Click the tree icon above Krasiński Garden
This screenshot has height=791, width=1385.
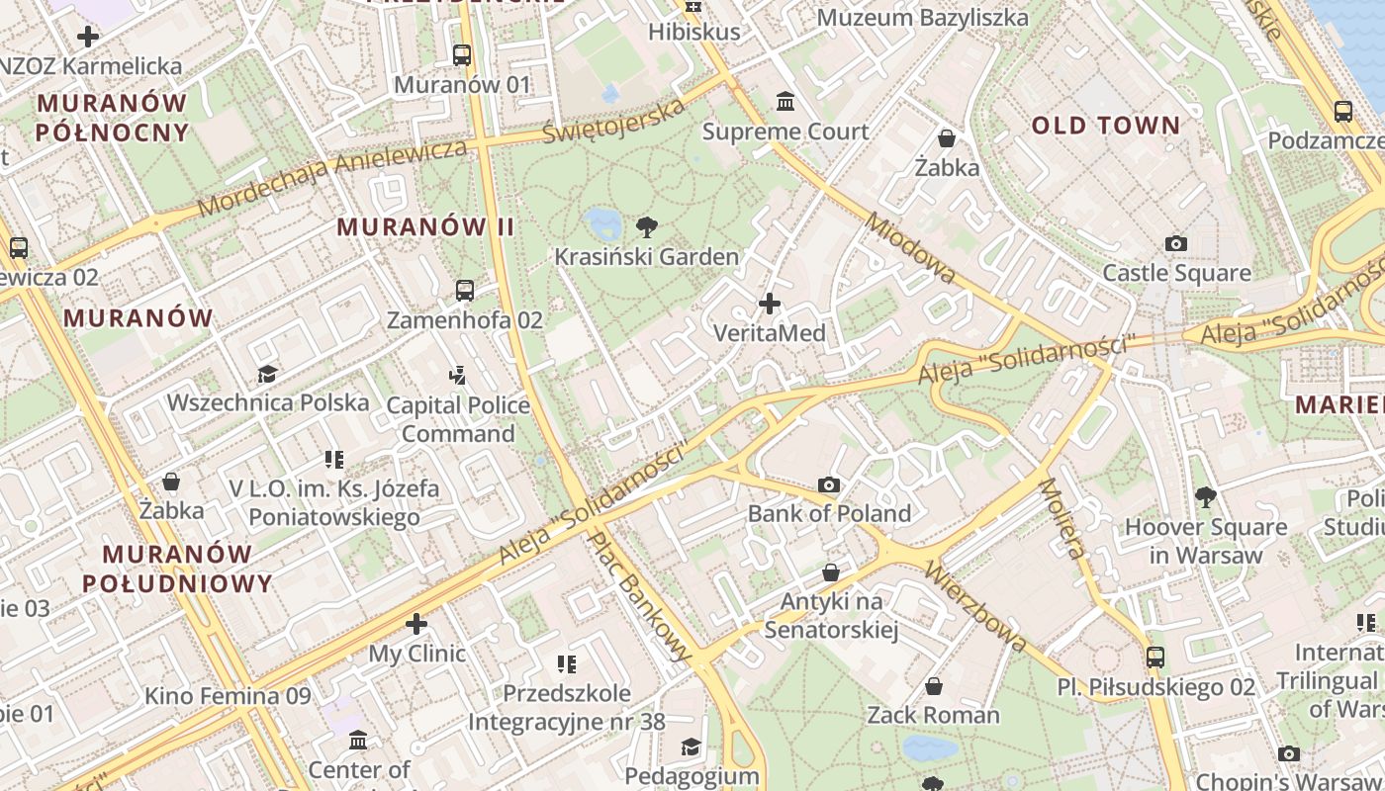click(647, 227)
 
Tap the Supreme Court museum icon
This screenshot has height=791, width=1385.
click(785, 101)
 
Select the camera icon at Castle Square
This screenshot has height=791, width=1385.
click(1175, 243)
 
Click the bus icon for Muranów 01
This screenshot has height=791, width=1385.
click(462, 55)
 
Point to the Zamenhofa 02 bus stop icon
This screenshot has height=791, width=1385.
click(465, 291)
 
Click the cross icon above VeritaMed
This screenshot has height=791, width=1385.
click(769, 304)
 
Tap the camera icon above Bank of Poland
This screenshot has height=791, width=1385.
click(829, 484)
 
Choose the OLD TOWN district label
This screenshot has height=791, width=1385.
click(1106, 126)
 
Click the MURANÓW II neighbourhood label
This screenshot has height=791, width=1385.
click(425, 226)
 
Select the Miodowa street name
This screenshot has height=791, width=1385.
click(911, 246)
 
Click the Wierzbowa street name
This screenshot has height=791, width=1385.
click(977, 607)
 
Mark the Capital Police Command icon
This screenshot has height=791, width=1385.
click(457, 376)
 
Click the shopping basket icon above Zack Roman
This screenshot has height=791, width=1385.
click(933, 686)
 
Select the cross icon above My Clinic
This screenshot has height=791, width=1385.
click(416, 624)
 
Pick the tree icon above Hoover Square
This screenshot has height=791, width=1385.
click(1205, 497)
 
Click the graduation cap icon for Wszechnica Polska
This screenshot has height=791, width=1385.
click(267, 374)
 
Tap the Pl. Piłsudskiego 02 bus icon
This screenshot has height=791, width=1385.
click(1154, 657)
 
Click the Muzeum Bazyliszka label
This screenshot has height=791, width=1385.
click(922, 18)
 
